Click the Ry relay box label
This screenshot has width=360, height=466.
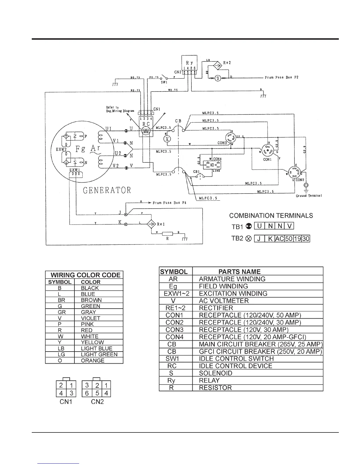tap(189, 63)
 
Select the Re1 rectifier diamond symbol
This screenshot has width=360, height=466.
tap(151, 224)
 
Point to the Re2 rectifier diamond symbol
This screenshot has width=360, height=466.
tap(217, 66)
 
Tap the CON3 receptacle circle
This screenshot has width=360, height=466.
tap(231, 137)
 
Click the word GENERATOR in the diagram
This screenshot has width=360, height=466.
tap(107, 190)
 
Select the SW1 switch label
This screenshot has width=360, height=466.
tap(164, 82)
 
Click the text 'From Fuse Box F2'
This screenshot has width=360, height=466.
tap(281, 78)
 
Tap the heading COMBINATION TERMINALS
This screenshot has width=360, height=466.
tap(271, 216)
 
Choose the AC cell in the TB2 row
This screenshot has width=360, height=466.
tap(279, 239)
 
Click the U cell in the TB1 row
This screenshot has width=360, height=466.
tap(259, 226)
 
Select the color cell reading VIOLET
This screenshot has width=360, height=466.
tap(91, 318)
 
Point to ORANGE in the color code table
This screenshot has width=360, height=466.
tap(93, 361)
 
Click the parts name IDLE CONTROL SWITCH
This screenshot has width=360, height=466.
tap(236, 359)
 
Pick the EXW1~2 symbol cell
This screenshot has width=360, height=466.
tap(176, 294)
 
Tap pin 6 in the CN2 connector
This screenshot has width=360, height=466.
tap(87, 393)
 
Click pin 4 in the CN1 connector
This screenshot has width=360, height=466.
tap(61, 393)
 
